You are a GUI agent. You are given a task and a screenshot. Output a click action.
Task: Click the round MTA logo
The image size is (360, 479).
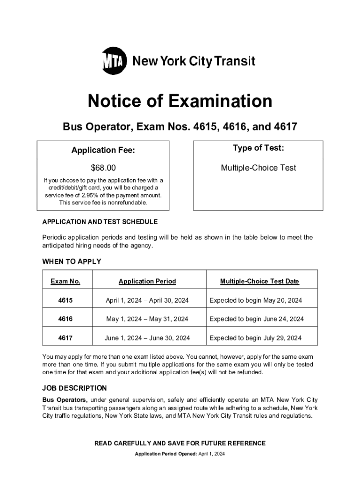[x=115, y=61]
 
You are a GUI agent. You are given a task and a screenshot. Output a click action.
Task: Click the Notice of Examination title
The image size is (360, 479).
[x=180, y=101]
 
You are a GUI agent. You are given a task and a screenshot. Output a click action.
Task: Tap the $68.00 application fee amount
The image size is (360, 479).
[x=103, y=168]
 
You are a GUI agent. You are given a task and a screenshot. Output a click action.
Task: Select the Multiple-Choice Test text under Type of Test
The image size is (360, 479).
[x=258, y=168]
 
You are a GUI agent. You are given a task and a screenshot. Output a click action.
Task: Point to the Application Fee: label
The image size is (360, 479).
[x=103, y=150]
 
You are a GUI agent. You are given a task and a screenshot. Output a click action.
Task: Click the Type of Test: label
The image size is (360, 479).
[x=258, y=148]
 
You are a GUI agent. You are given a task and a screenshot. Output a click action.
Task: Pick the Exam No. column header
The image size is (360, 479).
[x=65, y=281]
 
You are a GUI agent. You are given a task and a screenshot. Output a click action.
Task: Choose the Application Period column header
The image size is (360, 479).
[x=147, y=281]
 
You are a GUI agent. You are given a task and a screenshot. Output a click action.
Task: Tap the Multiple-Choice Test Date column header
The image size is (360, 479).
[x=259, y=281]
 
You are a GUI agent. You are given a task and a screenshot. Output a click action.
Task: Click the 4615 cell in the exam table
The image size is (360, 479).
[x=65, y=300]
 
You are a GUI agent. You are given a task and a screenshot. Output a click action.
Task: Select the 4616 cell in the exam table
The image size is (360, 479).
[x=65, y=319]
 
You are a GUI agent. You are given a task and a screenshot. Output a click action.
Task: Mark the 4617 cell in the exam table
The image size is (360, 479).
[x=65, y=338]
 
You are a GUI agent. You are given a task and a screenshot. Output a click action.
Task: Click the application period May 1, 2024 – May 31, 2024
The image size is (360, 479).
[x=147, y=319]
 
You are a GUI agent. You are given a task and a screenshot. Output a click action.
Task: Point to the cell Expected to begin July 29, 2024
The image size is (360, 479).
[x=256, y=338]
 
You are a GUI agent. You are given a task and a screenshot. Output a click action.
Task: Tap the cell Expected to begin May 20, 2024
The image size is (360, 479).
[x=256, y=300]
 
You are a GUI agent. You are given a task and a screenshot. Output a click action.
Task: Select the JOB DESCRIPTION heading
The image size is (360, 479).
[x=74, y=388]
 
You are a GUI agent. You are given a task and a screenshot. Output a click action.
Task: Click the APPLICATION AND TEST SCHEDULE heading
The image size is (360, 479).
[x=100, y=222]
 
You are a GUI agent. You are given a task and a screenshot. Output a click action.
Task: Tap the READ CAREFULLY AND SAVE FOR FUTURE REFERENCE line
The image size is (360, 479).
[x=180, y=443]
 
